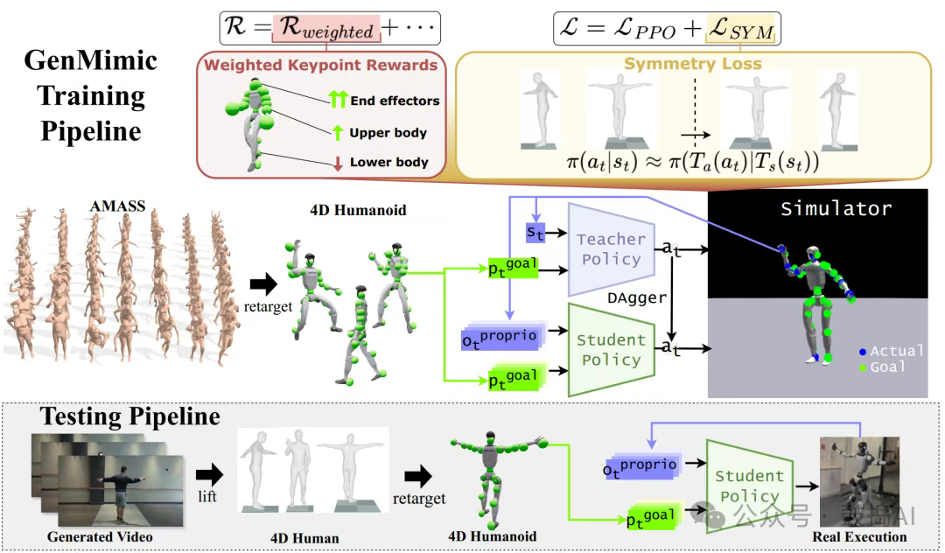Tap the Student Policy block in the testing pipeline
[x=749, y=486]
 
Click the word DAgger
[x=637, y=298]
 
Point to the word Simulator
[x=836, y=208]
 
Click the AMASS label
[x=117, y=206]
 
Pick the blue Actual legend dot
[x=863, y=351]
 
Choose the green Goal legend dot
[x=863, y=367]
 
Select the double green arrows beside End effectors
[x=337, y=101]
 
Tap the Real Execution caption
[x=859, y=536]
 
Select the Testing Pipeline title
[x=130, y=415]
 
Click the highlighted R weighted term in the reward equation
[x=325, y=29]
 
